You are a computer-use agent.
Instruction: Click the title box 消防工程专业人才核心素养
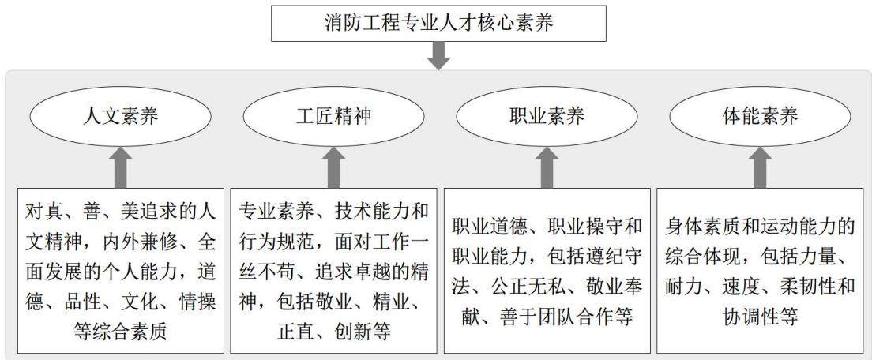point(438,24)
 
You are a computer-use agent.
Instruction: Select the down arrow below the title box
point(438,56)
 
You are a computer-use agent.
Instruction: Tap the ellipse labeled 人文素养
point(120,116)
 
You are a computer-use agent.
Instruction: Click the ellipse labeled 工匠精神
point(333,116)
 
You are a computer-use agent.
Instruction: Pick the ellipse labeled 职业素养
point(547,116)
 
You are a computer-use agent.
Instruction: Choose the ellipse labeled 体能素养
point(760,116)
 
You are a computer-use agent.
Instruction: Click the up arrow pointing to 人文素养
point(120,168)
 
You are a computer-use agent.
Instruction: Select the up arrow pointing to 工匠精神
point(333,168)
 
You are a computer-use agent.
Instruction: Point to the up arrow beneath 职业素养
point(547,168)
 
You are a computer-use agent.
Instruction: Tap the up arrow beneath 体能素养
point(760,168)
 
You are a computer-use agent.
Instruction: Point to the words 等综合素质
point(120,332)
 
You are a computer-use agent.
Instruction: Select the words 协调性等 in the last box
point(760,317)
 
